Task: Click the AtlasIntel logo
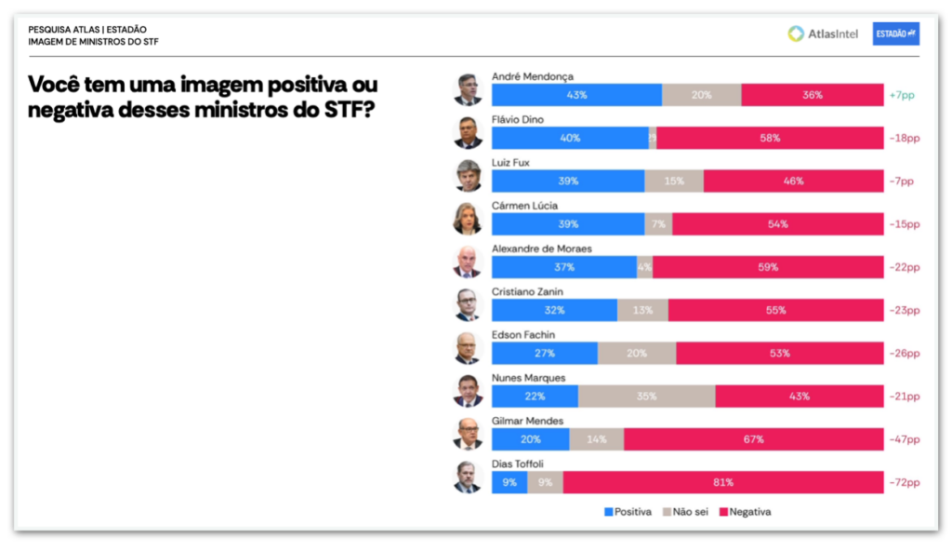[x=822, y=34]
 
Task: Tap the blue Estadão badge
[x=896, y=34]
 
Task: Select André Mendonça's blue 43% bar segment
[x=576, y=95]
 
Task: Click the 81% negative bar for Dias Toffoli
[x=723, y=482]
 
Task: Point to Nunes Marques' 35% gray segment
[x=647, y=396]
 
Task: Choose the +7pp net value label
[x=903, y=95]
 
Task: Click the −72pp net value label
[x=904, y=482]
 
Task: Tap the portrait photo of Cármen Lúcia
[x=468, y=219]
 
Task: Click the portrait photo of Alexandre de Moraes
[x=468, y=262]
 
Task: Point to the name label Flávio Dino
[x=518, y=120]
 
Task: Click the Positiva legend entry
[x=628, y=512]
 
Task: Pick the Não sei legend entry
[x=688, y=512]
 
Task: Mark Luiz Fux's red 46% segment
[x=793, y=181]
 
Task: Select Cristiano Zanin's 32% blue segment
[x=554, y=310]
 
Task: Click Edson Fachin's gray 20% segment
[x=637, y=354]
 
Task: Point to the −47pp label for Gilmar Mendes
[x=904, y=439]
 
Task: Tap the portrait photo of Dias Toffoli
[x=468, y=477]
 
